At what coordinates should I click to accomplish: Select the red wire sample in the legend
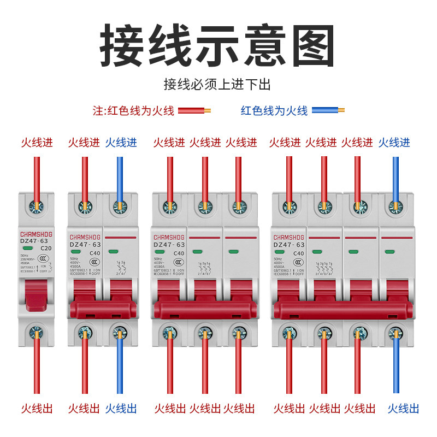194,111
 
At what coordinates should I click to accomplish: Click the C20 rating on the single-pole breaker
46,248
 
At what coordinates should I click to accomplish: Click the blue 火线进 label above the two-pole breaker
121,143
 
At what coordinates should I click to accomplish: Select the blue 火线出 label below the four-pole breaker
403,408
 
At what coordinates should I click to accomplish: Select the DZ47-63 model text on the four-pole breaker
289,245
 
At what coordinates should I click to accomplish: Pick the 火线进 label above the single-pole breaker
37,143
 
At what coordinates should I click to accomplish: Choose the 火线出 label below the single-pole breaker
37,408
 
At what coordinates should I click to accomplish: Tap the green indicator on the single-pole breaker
28,249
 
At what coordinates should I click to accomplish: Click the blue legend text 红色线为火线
274,111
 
